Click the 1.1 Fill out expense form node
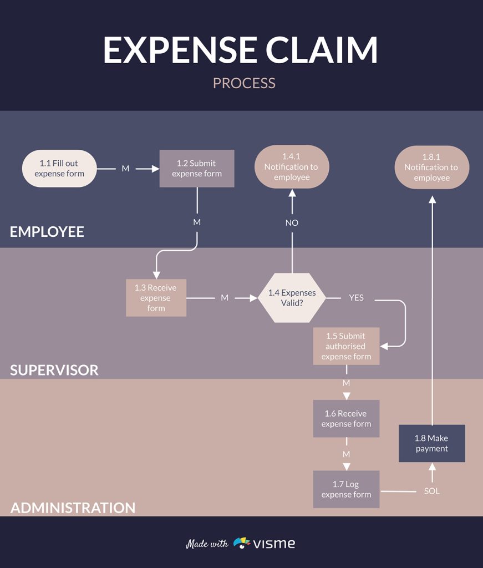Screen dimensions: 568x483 [x=59, y=168]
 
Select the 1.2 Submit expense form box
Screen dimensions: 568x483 [x=197, y=168]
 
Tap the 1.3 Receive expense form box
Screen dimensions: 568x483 [x=156, y=298]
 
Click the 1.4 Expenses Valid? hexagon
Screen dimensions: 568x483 [x=292, y=298]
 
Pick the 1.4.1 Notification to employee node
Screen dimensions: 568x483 [x=292, y=167]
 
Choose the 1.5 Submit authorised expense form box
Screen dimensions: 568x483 [x=346, y=346]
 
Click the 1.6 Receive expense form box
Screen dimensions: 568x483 [x=346, y=418]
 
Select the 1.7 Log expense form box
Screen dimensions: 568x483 [x=346, y=489]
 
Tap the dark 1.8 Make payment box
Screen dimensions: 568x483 [x=432, y=443]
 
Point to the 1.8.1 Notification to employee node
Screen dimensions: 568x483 [x=431, y=168]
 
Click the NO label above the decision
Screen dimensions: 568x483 [x=292, y=222]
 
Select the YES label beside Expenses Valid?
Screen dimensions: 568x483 [x=356, y=298]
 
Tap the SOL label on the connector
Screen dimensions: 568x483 [x=432, y=491]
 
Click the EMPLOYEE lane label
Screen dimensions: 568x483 [x=47, y=232]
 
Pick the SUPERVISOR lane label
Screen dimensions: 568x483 [x=54, y=370]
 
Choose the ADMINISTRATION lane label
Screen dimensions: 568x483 [x=73, y=508]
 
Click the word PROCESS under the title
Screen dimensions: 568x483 [x=244, y=83]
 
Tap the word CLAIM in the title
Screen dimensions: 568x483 [x=321, y=50]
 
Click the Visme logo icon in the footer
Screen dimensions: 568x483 [x=242, y=543]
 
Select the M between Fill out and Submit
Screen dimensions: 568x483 [x=125, y=169]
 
